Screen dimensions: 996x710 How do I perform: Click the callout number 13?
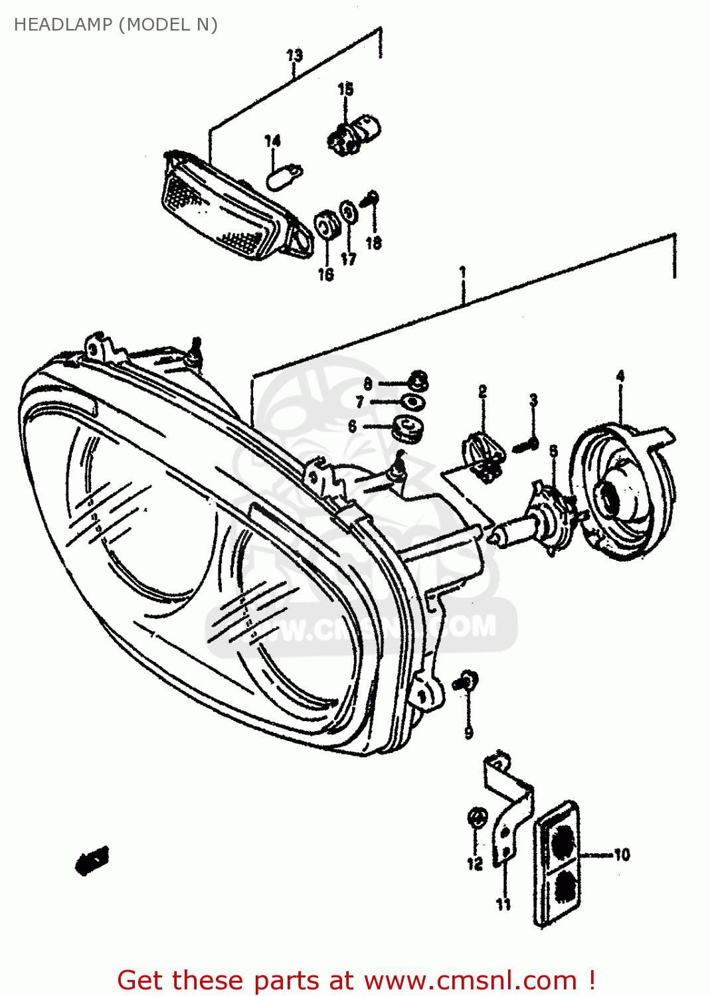pos(294,55)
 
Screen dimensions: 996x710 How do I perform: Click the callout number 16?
pos(325,274)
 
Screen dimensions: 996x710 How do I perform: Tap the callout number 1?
pos(462,272)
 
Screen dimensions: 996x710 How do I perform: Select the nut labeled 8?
pos(418,381)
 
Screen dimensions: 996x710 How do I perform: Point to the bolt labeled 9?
pos(467,681)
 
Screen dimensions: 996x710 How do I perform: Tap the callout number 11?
pos(503,904)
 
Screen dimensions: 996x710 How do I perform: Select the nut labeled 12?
pos(476,818)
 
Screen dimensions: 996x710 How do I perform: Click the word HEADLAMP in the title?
pos(63,25)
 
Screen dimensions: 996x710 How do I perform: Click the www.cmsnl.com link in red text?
pos(470,980)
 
